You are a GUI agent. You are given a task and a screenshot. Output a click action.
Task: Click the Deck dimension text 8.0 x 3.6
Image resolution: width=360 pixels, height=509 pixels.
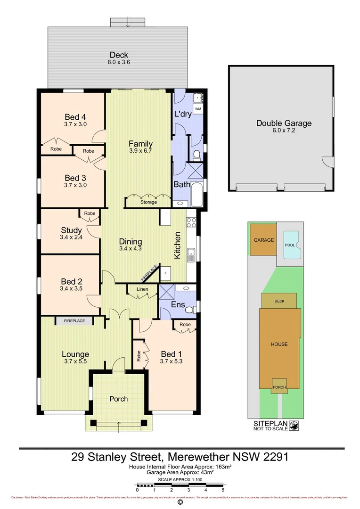point(119,62)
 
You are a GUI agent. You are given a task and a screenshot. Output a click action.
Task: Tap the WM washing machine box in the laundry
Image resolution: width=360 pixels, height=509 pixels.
point(198,109)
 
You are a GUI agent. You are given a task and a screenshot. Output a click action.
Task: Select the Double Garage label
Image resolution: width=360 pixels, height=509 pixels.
point(284,123)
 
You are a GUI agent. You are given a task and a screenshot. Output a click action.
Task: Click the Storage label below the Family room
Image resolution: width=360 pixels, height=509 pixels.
point(148,202)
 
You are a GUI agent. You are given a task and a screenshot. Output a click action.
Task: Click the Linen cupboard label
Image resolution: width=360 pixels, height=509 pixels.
point(142,289)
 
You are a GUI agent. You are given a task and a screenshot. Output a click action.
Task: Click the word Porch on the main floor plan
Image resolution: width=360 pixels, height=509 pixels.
point(119,399)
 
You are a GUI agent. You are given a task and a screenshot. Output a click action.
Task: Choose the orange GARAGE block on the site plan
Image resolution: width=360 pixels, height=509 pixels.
point(263,240)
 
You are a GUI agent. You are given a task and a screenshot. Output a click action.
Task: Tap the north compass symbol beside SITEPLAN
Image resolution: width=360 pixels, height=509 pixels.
point(294,425)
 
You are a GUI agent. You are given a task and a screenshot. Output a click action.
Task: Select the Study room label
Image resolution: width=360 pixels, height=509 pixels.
point(71,230)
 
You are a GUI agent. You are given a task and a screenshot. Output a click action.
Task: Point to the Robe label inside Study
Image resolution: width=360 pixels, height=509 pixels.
point(90,213)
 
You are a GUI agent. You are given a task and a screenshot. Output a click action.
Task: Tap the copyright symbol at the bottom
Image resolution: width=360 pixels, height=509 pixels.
point(180,502)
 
